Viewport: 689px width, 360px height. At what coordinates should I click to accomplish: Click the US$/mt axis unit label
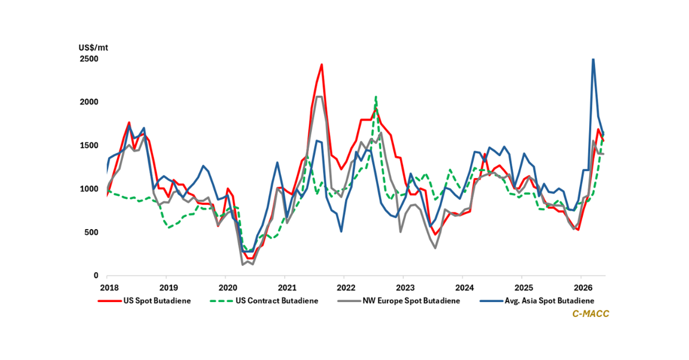click(93, 48)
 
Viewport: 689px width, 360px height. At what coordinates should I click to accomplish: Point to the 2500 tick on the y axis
click(89, 59)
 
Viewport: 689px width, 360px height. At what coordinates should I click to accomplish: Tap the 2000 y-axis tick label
click(89, 102)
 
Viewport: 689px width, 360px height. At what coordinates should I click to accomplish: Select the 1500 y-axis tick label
click(89, 145)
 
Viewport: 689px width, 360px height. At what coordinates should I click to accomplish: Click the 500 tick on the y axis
click(91, 233)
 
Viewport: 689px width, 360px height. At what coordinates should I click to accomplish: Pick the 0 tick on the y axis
click(96, 276)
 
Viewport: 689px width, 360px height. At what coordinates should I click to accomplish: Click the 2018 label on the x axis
click(109, 288)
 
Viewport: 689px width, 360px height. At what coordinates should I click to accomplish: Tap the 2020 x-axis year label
click(228, 288)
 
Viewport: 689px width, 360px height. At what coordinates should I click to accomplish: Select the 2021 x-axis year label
click(287, 288)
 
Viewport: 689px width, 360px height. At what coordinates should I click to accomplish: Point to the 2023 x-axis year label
click(405, 288)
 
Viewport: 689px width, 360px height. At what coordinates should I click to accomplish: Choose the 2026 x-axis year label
click(583, 288)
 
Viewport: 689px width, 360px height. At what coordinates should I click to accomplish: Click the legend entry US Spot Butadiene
click(144, 301)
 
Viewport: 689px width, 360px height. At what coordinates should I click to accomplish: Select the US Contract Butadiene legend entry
click(264, 301)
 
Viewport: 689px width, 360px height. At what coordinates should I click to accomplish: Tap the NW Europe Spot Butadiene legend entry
click(398, 301)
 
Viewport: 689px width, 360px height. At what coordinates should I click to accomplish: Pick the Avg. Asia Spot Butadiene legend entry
click(537, 301)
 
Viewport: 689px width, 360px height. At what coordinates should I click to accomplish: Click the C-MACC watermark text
click(591, 313)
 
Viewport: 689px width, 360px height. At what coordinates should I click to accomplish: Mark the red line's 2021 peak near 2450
click(322, 64)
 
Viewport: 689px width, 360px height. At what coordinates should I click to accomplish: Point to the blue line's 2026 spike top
click(593, 59)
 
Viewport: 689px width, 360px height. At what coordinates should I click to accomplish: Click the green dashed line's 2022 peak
click(376, 96)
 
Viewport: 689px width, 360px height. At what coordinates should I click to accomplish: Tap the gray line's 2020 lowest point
click(243, 265)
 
